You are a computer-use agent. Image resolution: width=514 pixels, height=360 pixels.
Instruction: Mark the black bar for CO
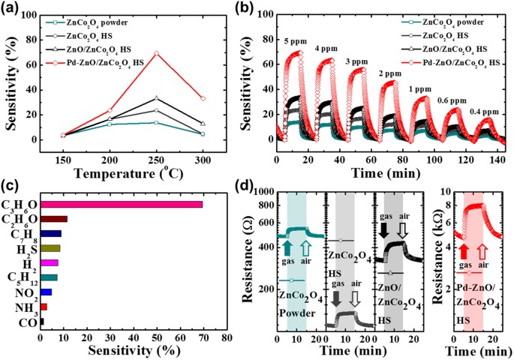click(41, 321)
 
